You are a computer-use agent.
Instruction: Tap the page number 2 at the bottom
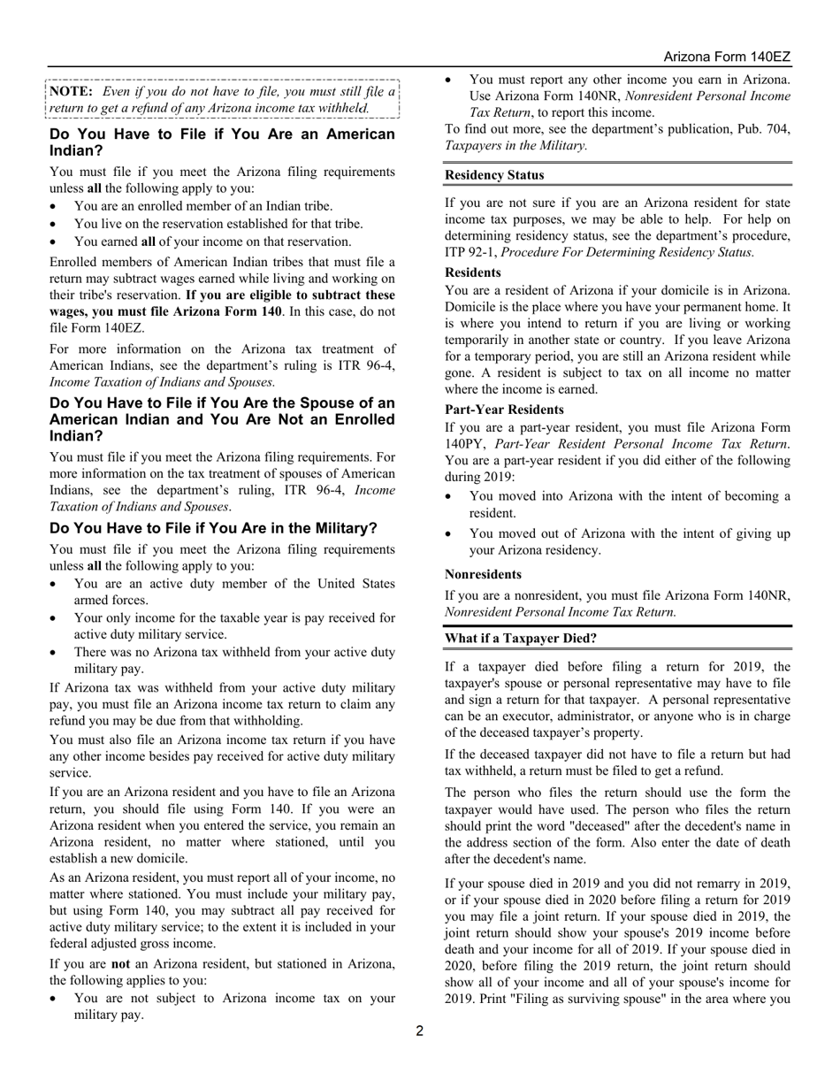tap(420, 1031)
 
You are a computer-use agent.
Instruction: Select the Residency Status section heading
tap(494, 175)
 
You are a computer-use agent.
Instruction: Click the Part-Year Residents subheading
tap(504, 410)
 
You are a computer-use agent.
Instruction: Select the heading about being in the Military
tap(213, 528)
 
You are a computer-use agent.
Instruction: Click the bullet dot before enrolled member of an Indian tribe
tap(55, 206)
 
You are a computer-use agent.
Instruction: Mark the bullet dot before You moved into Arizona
tap(450, 497)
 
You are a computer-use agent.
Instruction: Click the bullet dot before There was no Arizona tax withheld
tap(55, 653)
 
